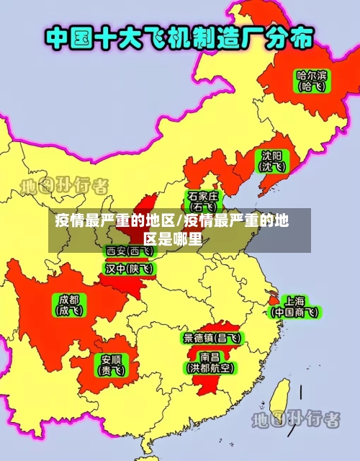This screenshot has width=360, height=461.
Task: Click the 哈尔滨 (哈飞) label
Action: click(311, 80)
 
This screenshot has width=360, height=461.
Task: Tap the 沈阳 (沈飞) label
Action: click(272, 161)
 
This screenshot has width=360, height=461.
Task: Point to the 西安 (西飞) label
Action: click(130, 251)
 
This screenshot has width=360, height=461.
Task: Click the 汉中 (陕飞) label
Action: click(130, 269)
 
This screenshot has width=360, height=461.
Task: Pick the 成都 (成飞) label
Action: click(70, 305)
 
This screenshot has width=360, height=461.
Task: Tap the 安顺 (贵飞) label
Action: click(110, 364)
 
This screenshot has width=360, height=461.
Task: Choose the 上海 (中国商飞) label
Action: click(294, 306)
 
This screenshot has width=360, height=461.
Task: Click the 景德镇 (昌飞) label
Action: click(212, 337)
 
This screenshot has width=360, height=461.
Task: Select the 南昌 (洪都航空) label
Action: click(210, 362)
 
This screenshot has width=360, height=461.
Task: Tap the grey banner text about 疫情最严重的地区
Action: click(173, 230)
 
